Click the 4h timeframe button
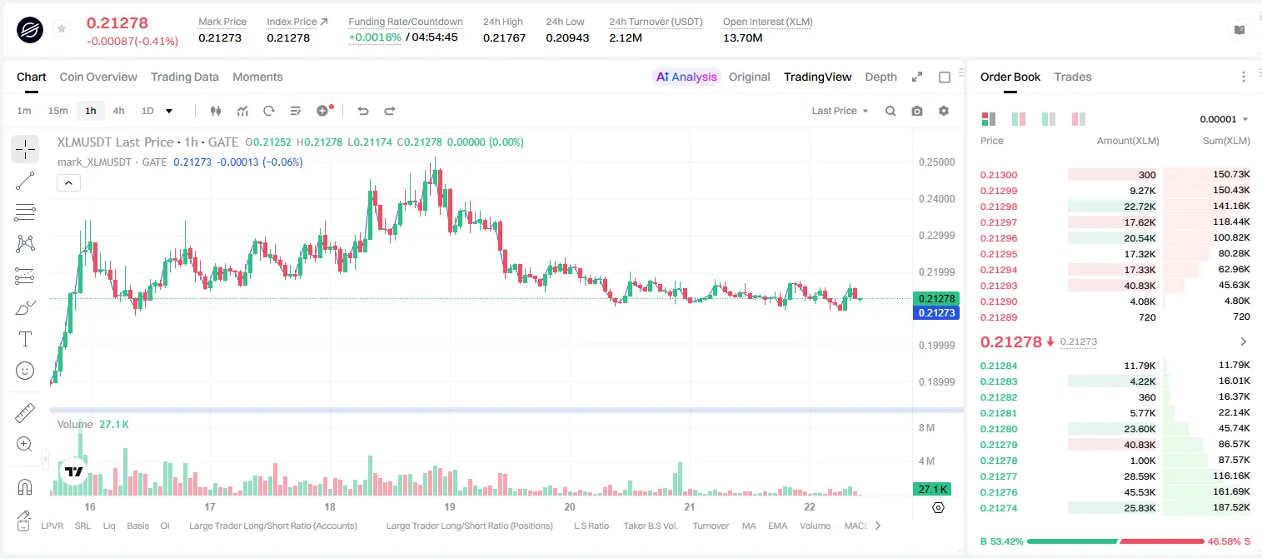tap(118, 111)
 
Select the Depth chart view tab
tap(880, 77)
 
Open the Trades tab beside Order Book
tap(1073, 77)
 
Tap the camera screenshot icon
tap(917, 111)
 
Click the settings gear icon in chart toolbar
tap(944, 111)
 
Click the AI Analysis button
tap(686, 77)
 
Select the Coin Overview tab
tap(98, 77)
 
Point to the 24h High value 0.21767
tap(504, 37)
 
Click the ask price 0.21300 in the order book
tap(999, 175)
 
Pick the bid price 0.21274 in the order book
tap(999, 508)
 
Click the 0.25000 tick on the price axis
tap(937, 162)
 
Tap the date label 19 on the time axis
tap(450, 506)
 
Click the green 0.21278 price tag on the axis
tap(936, 298)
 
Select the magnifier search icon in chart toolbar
tap(890, 111)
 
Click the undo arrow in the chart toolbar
tap(363, 111)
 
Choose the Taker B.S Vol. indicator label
tap(651, 526)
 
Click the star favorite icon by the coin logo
tap(62, 28)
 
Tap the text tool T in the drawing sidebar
tap(25, 339)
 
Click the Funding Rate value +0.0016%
tap(375, 37)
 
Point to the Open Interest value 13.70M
tap(742, 37)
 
